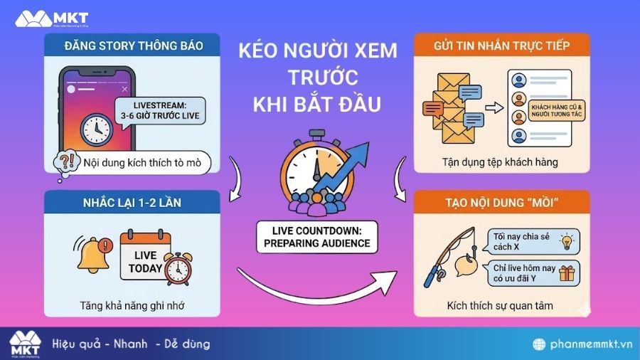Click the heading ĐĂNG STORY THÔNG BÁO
pos(133,46)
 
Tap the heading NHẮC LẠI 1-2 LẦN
pos(133,203)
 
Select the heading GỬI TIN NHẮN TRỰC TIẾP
pos(501,46)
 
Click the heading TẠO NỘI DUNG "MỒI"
pos(501,203)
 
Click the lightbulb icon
pos(567,241)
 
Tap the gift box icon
pos(567,273)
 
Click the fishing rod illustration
pos(444,256)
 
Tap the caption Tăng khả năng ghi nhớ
pos(133,307)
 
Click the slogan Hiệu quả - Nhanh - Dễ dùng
pos(132,344)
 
